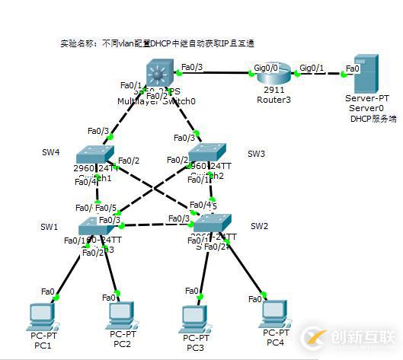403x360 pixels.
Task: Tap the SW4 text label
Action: pos(50,152)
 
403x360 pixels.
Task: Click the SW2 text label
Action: pos(259,226)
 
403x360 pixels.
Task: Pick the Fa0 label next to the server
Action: pos(353,68)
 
